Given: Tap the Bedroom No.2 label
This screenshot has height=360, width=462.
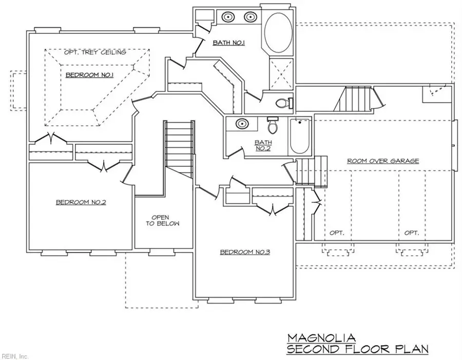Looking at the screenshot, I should tap(81, 202).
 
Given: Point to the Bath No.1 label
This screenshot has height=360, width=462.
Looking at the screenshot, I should tap(228, 43).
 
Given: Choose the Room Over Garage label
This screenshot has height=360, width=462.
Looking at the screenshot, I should tap(383, 161).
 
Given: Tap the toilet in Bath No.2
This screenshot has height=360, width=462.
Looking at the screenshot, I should tap(273, 126).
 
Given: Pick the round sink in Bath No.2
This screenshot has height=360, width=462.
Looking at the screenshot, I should tap(241, 124).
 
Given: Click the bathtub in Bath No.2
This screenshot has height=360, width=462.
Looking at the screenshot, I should tap(299, 136).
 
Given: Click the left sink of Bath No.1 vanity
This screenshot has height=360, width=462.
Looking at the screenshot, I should tap(227, 17).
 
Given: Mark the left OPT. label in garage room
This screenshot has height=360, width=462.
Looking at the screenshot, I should tap(336, 233).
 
